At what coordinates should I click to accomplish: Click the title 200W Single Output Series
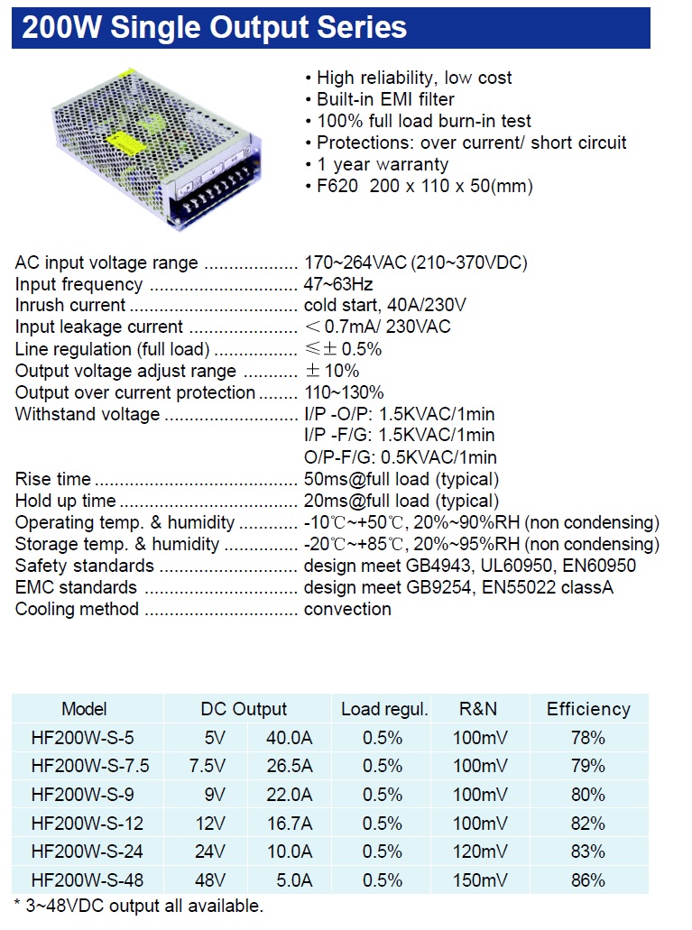[215, 28]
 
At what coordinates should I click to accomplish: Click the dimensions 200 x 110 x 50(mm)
[451, 186]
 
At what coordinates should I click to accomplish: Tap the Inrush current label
[70, 306]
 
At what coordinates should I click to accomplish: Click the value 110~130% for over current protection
[344, 392]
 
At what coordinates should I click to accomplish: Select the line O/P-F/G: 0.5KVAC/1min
[400, 457]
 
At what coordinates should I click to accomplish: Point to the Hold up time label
[66, 501]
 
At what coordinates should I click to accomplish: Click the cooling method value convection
[347, 609]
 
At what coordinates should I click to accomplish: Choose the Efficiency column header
[588, 709]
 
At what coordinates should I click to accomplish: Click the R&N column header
[478, 709]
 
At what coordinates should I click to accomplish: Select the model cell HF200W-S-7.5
[90, 766]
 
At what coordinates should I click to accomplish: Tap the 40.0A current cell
[289, 738]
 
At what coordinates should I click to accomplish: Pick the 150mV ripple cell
[480, 880]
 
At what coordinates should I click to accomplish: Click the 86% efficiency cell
[588, 880]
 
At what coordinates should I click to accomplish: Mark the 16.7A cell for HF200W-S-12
[289, 824]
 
